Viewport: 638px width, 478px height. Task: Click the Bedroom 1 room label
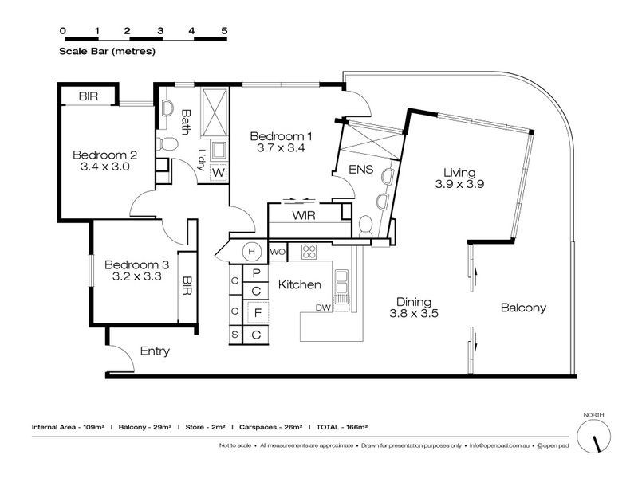[281, 136]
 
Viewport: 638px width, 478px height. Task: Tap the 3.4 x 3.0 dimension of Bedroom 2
[105, 167]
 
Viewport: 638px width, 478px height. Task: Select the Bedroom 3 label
[136, 265]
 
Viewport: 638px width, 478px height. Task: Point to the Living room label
[459, 173]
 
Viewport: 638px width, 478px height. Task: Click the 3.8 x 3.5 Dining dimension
[414, 313]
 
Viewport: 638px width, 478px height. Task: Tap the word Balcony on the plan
[523, 308]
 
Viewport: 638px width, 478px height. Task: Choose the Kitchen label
[300, 284]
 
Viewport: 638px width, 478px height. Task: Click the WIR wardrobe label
[304, 215]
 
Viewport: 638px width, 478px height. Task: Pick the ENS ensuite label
[361, 169]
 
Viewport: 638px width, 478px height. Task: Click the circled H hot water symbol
[252, 252]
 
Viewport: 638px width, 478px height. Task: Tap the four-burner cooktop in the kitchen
[309, 252]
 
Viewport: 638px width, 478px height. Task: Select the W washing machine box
[219, 173]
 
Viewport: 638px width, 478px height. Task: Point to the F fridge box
[258, 313]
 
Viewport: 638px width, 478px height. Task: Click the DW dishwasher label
[324, 308]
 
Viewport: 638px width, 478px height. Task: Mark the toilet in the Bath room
[167, 144]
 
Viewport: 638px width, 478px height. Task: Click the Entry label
[155, 351]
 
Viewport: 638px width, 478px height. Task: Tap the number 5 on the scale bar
[224, 31]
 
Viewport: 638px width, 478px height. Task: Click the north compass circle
[593, 436]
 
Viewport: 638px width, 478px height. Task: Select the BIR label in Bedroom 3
[187, 286]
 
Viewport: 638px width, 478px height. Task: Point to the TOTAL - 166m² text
[342, 427]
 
